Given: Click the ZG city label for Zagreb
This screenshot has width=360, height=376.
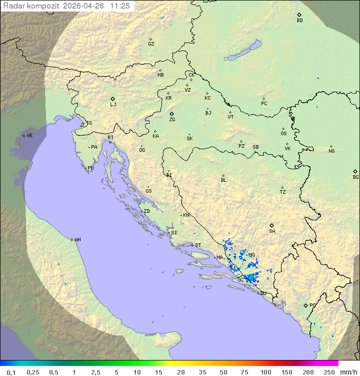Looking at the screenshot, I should pos(172,120).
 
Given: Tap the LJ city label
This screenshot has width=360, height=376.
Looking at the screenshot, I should pos(113,105).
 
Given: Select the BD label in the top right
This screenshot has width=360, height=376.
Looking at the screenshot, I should pos(299,21).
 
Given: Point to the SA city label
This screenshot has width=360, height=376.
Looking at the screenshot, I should pos(272,231).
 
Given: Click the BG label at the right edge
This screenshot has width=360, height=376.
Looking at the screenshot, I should pos(355,177).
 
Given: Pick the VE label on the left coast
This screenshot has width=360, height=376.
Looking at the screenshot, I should pos(29,136).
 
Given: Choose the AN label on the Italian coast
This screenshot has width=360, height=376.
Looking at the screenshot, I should pos(77,240).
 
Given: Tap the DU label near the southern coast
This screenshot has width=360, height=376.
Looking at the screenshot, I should pos(262,293).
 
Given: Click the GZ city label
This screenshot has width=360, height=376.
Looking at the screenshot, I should pos(151,44).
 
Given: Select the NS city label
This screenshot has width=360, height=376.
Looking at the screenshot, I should pos(331,151).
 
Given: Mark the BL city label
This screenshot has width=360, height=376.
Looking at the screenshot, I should pos(223,180).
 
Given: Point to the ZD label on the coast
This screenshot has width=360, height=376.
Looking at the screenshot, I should pos(146,211).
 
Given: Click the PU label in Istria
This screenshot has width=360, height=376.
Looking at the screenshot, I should pos(90,168).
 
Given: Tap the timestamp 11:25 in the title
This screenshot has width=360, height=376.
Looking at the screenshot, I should pos(120,6).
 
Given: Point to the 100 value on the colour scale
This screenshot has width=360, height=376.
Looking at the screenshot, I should pos(265,372).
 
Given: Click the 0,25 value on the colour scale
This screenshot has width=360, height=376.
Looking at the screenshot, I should pos(33,372).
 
